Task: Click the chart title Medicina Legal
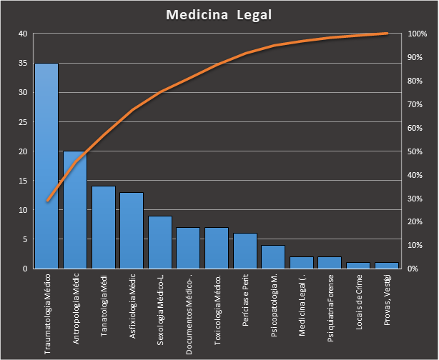[x=219, y=15]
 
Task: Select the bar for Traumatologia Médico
[x=46, y=166]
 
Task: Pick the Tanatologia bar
[x=103, y=227]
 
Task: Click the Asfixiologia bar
[x=132, y=230]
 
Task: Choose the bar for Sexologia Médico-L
[x=159, y=242]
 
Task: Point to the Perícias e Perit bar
[x=245, y=251]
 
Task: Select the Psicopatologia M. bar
[x=273, y=256]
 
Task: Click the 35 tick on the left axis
[x=23, y=63]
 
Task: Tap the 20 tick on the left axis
[x=23, y=151]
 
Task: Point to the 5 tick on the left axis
[x=25, y=239]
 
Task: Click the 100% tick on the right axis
[x=417, y=34]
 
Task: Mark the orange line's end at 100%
[x=386, y=34]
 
